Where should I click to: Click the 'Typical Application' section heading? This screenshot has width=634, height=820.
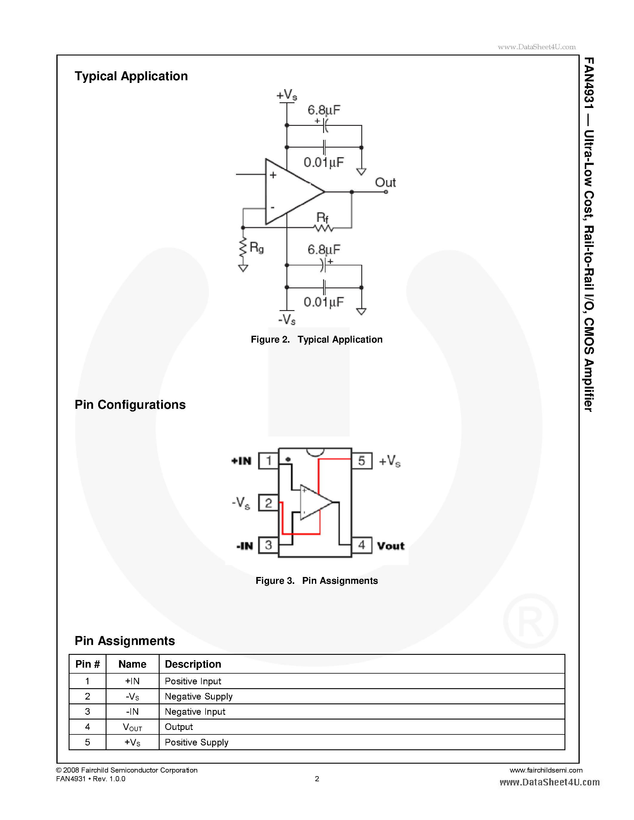click(x=131, y=76)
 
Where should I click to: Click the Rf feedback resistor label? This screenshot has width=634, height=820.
click(x=322, y=217)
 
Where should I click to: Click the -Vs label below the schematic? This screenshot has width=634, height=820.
click(x=287, y=320)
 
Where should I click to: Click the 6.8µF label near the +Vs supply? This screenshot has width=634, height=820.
click(x=324, y=110)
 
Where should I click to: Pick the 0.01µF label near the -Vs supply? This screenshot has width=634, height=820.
click(x=324, y=302)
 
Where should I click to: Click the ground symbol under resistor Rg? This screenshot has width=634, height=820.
click(x=243, y=268)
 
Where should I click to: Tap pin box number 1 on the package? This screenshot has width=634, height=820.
click(x=269, y=461)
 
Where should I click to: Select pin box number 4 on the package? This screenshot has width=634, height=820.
click(x=361, y=545)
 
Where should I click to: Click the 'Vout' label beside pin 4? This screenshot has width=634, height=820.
click(x=391, y=546)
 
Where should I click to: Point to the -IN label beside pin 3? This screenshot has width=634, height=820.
click(x=245, y=546)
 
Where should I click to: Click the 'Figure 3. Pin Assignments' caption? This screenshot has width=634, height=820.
click(x=317, y=581)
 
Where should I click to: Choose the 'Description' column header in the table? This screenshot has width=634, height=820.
click(x=193, y=664)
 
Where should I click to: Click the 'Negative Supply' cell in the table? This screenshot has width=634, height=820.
click(x=199, y=697)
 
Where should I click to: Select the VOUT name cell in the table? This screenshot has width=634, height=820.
click(x=132, y=727)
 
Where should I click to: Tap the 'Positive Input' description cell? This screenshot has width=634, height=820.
click(x=193, y=681)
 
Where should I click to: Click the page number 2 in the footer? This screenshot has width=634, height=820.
click(x=317, y=779)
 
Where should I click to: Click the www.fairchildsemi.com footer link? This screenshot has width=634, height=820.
click(x=546, y=770)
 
